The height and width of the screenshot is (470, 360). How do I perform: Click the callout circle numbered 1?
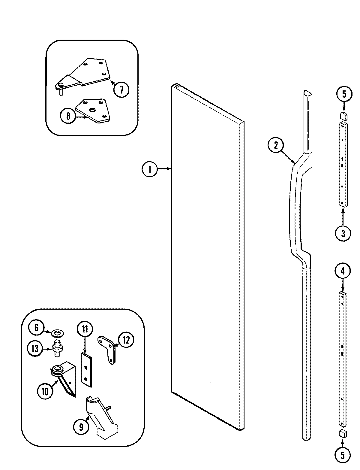click(x=149, y=169)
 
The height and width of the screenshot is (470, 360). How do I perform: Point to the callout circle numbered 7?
click(x=121, y=89)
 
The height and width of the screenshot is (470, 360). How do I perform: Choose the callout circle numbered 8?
click(x=68, y=116)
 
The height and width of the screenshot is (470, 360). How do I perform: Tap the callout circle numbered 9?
click(x=81, y=427)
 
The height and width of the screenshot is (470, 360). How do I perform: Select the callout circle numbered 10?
click(x=45, y=391)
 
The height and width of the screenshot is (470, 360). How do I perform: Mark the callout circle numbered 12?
click(x=126, y=340)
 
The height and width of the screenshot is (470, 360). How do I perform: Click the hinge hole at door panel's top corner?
click(x=176, y=86)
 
